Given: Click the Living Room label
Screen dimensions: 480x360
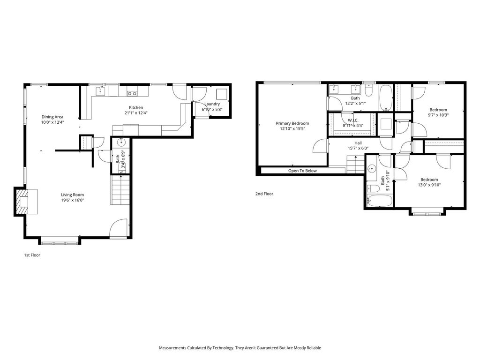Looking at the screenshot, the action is [x=72, y=195].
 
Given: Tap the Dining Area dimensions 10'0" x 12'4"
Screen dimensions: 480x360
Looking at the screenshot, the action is [x=52, y=122].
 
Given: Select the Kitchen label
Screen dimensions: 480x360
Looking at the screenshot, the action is [x=136, y=107].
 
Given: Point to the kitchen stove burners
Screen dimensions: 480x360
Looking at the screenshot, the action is [x=132, y=93].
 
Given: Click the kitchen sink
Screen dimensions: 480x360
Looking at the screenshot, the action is [x=100, y=91].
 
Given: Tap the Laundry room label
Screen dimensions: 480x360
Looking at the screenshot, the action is [x=212, y=104].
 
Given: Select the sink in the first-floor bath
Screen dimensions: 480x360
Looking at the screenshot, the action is [x=122, y=142].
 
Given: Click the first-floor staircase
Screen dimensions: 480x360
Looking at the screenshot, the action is [x=120, y=189].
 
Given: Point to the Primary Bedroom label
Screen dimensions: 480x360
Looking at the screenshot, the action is [x=292, y=123].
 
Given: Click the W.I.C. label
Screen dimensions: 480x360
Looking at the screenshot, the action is [x=353, y=120].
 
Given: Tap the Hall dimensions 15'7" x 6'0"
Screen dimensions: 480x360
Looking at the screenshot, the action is [x=358, y=148].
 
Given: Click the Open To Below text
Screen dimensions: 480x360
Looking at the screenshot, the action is [x=302, y=171].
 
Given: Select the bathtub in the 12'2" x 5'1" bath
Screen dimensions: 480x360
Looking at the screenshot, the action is [x=386, y=97].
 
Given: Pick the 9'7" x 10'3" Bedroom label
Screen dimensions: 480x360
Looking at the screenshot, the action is [x=438, y=110].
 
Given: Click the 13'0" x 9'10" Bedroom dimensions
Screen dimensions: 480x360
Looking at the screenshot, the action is [x=429, y=185].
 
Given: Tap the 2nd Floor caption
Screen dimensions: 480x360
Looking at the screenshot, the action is [x=264, y=194].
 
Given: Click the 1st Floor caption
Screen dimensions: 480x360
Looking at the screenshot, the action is [x=32, y=255].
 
